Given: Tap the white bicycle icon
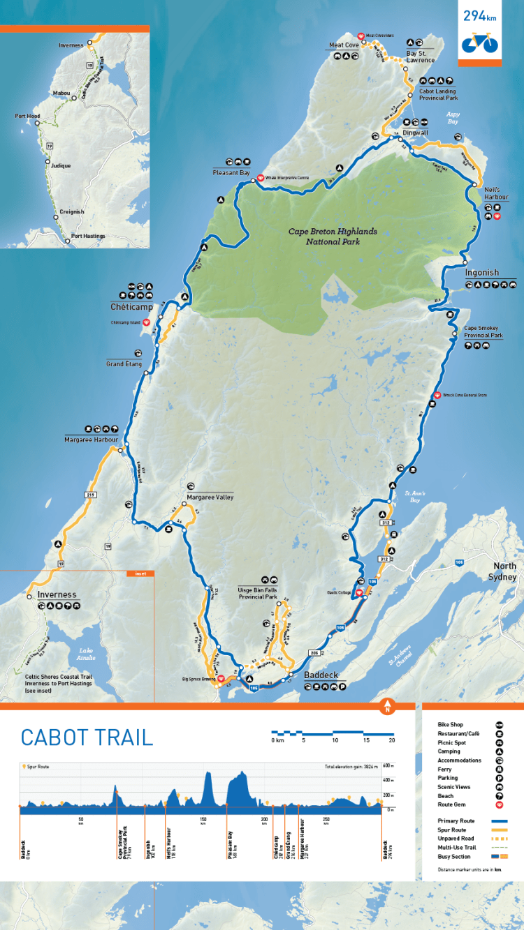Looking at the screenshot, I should [x=479, y=43].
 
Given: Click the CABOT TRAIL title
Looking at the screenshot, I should [x=87, y=737].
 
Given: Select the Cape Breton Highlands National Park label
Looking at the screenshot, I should [x=333, y=237].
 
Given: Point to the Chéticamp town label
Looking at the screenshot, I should [x=131, y=306].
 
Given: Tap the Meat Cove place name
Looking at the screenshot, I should [x=343, y=45].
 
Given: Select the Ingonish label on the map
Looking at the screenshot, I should [x=482, y=272].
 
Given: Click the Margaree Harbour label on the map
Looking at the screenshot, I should [x=91, y=440].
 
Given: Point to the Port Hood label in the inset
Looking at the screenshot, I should [x=28, y=117].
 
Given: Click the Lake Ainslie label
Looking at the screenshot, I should [x=87, y=653].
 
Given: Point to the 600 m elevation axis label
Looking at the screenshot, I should [x=388, y=766].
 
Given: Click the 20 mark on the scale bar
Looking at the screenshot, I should [x=391, y=740].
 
